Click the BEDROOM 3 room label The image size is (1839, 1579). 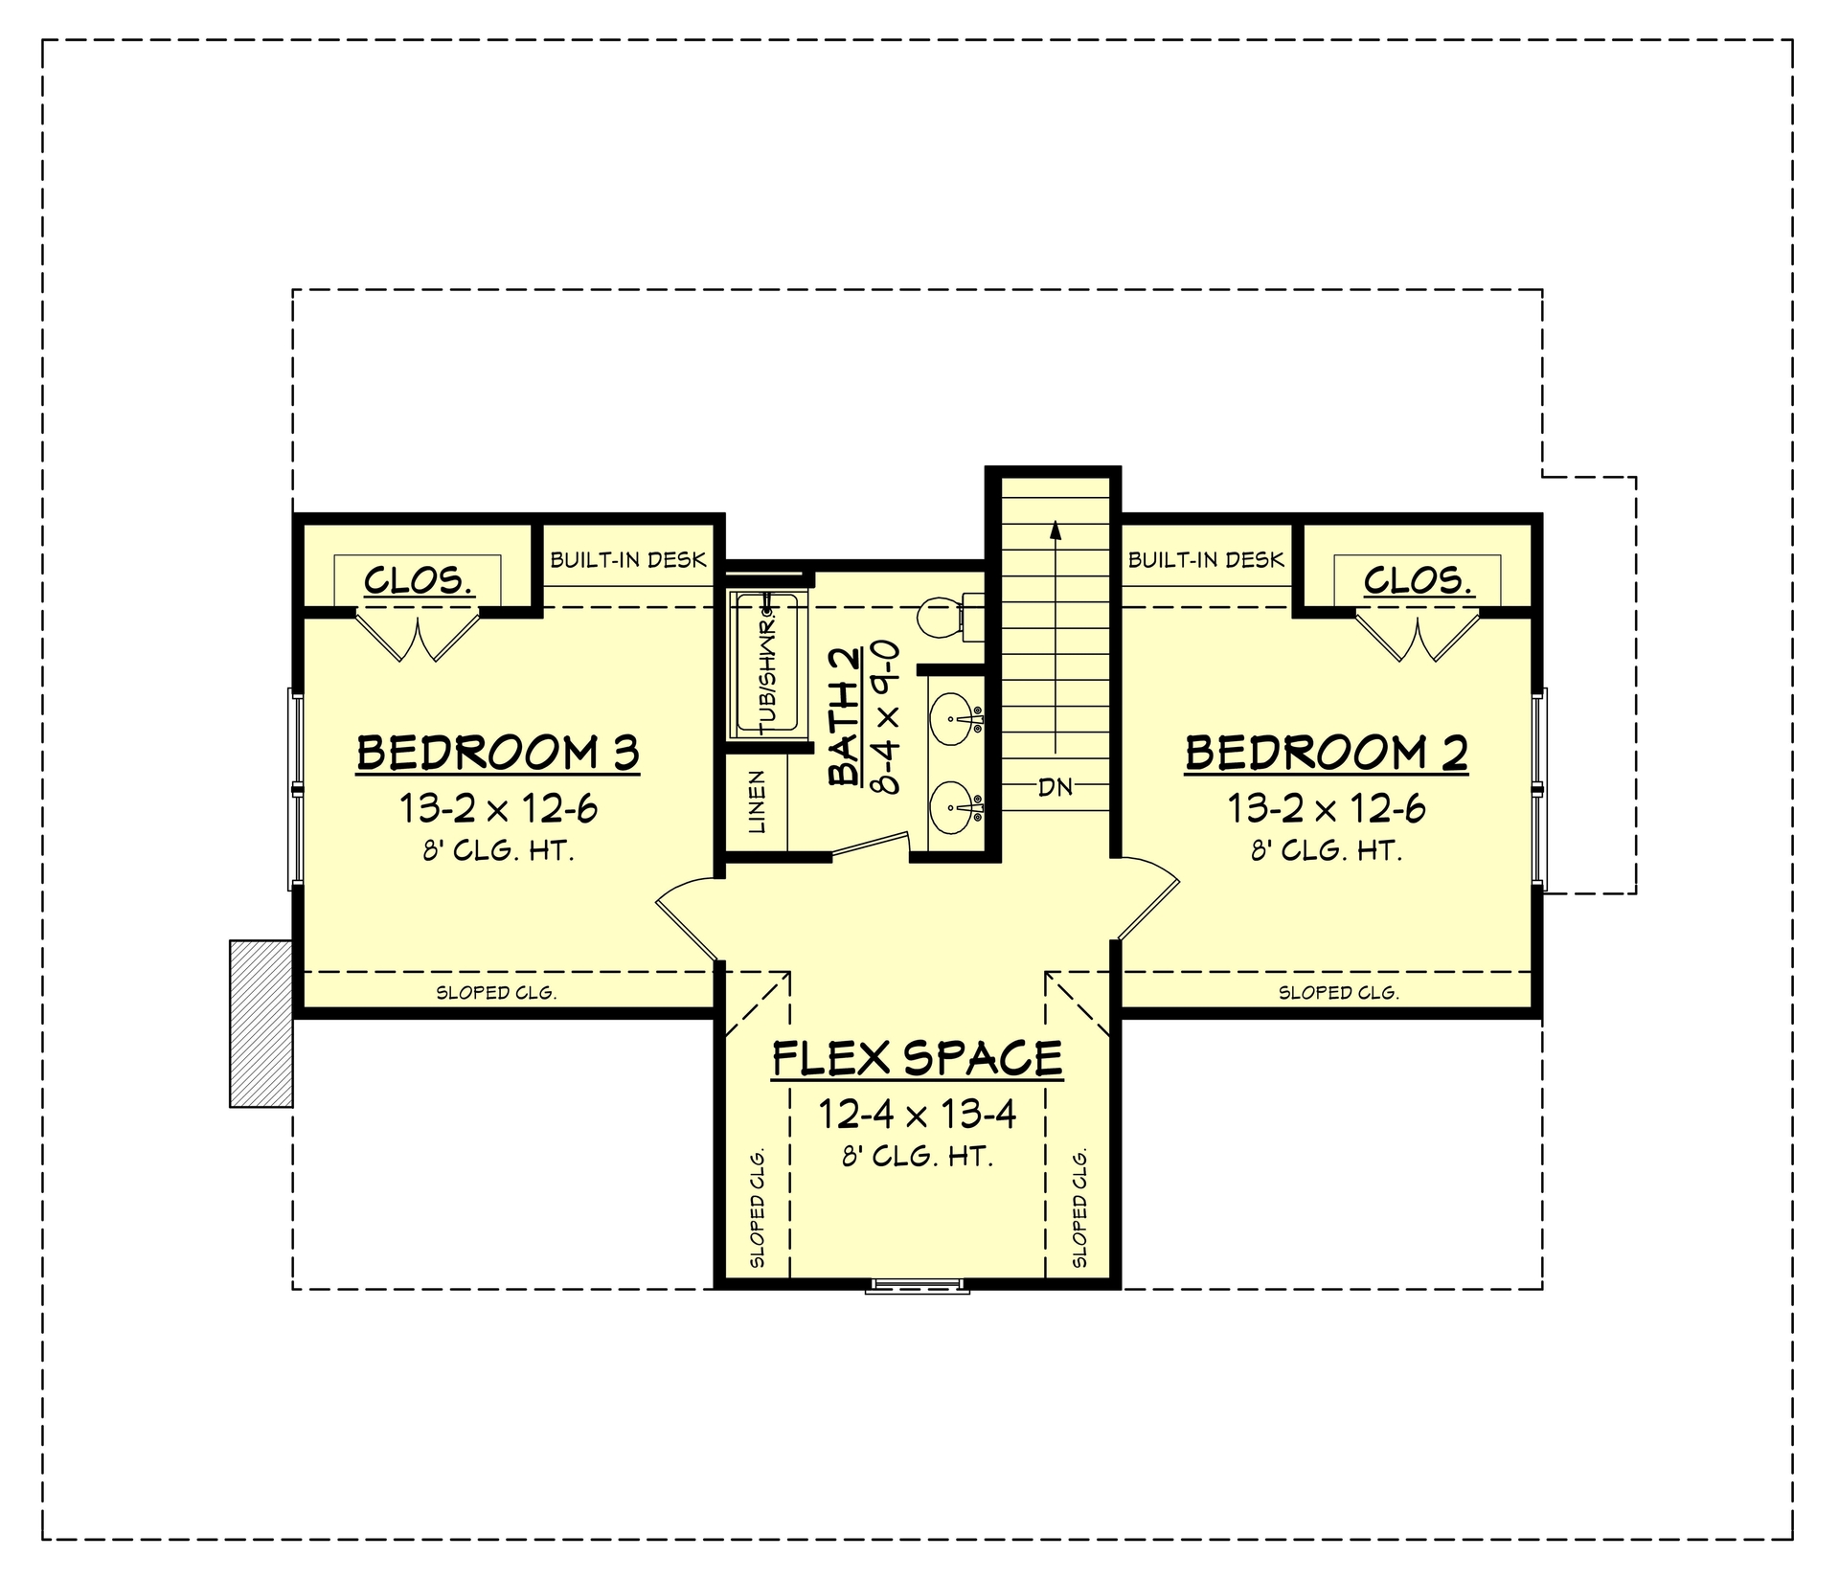click(497, 754)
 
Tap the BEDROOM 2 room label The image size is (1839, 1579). click(1326, 754)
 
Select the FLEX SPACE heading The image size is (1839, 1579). click(917, 1059)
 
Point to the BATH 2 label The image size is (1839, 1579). click(846, 717)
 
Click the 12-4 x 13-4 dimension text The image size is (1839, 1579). click(917, 1115)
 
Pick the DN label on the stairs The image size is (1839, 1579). click(1056, 787)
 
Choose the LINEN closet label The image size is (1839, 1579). click(757, 802)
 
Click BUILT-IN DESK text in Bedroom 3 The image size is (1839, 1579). click(627, 559)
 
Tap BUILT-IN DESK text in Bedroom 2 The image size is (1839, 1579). click(1206, 559)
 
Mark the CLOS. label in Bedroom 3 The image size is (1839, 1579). click(419, 580)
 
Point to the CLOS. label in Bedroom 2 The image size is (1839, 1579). click(1418, 580)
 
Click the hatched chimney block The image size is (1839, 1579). click(261, 1024)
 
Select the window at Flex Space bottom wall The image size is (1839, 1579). click(917, 1285)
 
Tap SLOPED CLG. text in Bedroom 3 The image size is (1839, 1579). click(496, 993)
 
